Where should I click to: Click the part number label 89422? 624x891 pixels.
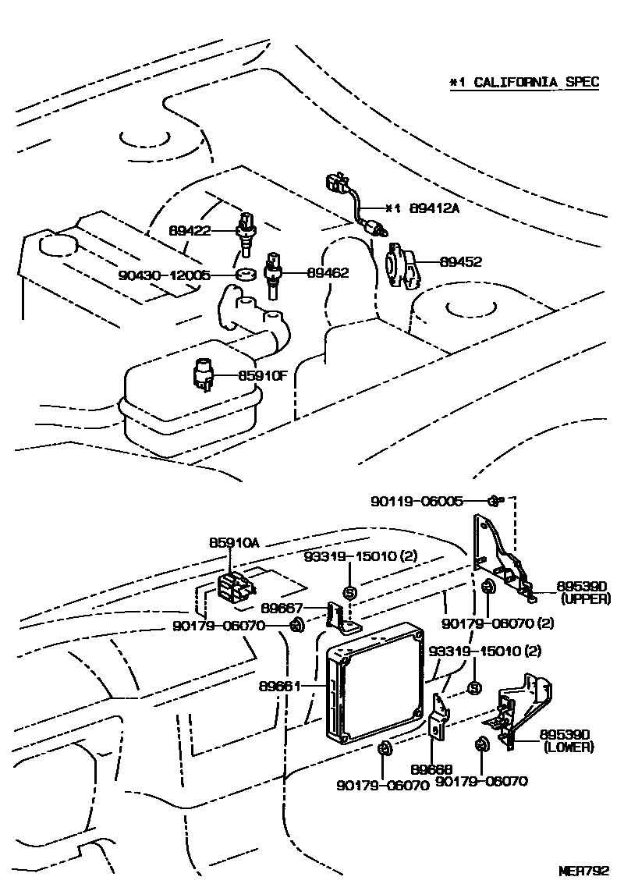point(190,230)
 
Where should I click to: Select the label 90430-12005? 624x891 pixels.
point(165,275)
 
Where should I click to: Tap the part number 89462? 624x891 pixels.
point(328,273)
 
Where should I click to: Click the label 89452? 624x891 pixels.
point(460,262)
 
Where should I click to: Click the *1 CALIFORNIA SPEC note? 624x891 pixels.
point(523,82)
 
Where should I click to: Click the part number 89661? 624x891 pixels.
point(278,687)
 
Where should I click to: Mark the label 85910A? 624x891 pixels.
point(232,541)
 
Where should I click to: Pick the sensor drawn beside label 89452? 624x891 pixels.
point(401,265)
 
